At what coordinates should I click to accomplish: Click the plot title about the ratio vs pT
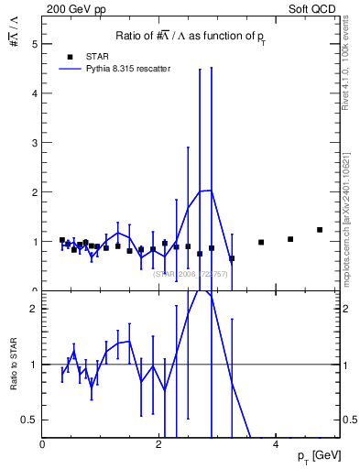click(191, 36)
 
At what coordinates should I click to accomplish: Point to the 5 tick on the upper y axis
click(37, 43)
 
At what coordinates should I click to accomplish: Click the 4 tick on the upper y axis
click(37, 93)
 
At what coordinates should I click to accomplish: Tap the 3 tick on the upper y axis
click(37, 142)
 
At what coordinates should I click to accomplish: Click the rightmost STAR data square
click(320, 230)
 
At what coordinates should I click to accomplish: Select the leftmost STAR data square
click(62, 240)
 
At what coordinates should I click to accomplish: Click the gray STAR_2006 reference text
click(190, 274)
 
